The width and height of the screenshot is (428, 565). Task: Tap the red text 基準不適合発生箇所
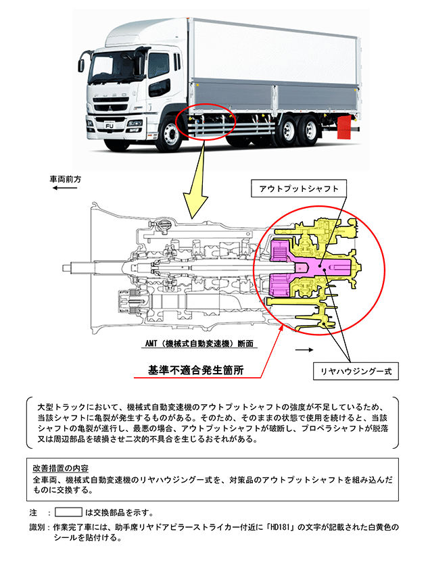(x=196, y=370)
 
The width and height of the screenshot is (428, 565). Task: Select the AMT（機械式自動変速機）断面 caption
(x=199, y=343)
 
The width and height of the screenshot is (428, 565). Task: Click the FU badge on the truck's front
(x=108, y=124)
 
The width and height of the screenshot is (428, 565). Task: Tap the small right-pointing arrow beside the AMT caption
(x=304, y=351)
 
